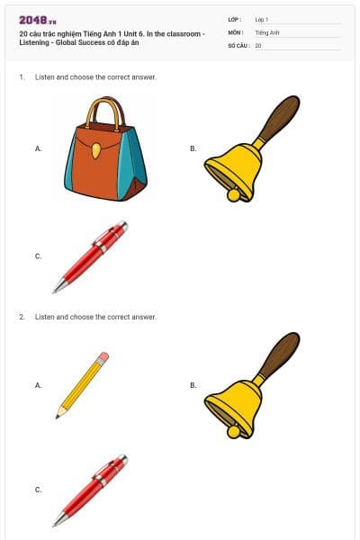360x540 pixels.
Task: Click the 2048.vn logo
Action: pos(38,21)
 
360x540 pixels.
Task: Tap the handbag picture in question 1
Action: pos(105,148)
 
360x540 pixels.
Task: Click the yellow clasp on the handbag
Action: pos(96,151)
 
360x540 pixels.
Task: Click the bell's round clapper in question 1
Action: pos(234,195)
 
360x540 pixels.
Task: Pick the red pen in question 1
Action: pos(90,256)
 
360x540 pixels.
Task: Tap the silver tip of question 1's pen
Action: pos(58,285)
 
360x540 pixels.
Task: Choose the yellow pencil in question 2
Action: pos(82,385)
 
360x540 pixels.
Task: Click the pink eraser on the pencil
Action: pos(103,357)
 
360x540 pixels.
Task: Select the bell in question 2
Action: pos(252,385)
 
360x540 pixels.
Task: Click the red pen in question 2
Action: pos(90,490)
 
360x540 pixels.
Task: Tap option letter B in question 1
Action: pos(193,148)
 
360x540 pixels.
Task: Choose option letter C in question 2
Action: pos(38,490)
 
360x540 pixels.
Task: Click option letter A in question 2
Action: pos(38,385)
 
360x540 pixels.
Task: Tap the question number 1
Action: pos(22,77)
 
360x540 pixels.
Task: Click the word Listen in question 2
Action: pos(45,317)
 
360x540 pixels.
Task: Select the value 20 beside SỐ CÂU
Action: pos(258,46)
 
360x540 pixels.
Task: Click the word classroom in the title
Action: pos(184,34)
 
